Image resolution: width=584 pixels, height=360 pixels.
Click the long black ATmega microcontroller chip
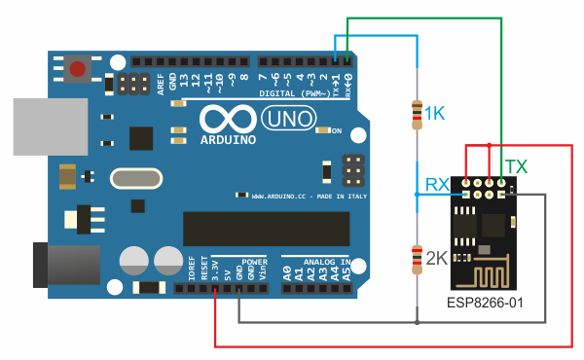pyautogui.click(x=266, y=229)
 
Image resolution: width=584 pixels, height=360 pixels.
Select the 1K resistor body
pyautogui.click(x=417, y=115)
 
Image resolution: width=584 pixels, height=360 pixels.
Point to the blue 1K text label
pyautogui.click(x=434, y=115)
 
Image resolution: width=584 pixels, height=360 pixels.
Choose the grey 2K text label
pyautogui.click(x=435, y=259)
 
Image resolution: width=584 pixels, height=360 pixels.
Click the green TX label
pyautogui.click(x=515, y=167)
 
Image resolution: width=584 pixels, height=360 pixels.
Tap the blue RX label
pyautogui.click(x=437, y=183)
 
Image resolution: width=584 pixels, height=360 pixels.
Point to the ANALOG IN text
pyautogui.click(x=315, y=262)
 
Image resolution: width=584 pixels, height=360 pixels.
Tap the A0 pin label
pyautogui.click(x=287, y=272)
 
